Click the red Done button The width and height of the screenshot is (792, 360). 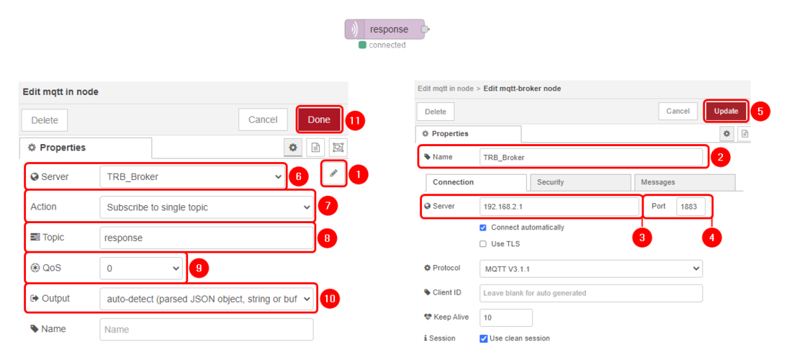319,120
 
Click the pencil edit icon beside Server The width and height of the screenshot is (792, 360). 333,174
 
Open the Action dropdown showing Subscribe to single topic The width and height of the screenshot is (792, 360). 206,207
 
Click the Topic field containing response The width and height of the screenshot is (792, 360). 206,238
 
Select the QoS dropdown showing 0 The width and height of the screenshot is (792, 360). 141,268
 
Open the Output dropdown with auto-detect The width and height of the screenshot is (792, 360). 206,299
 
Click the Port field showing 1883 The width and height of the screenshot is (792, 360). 690,207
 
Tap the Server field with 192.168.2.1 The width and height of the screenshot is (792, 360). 559,207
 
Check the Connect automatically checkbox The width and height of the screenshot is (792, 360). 483,228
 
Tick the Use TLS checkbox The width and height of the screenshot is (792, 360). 483,244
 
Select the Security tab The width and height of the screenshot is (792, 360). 579,182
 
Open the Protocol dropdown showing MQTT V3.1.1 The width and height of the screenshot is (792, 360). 590,269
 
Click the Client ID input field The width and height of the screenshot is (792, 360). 590,293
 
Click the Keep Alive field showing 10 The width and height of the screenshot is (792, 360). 505,318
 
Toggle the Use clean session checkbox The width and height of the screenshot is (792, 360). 483,338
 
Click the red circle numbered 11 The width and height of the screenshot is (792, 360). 355,120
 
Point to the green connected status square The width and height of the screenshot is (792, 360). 362,45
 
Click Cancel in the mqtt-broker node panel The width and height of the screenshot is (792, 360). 678,111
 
